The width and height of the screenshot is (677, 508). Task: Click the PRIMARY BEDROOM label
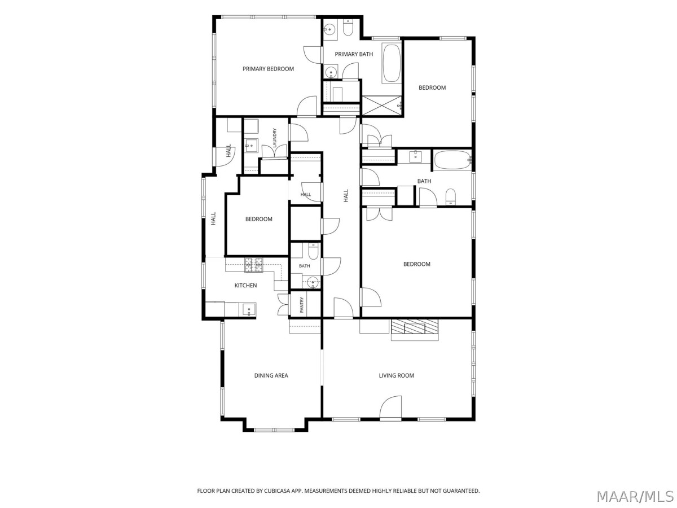[268, 69]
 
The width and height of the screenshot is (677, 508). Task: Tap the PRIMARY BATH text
[354, 54]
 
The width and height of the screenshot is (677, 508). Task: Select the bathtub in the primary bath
[392, 63]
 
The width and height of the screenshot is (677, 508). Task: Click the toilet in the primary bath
[348, 28]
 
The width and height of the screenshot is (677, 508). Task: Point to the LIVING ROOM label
[397, 375]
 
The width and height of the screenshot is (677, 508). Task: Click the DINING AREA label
[271, 375]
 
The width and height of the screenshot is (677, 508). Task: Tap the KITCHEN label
[245, 285]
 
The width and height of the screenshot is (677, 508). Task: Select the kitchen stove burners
[254, 265]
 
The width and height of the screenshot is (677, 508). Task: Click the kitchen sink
[249, 309]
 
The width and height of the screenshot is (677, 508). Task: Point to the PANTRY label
[302, 305]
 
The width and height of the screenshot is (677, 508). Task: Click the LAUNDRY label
[275, 138]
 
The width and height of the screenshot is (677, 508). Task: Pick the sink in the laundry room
[252, 146]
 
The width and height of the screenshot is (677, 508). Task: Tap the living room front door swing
[390, 408]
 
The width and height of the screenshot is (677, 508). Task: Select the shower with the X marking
[382, 106]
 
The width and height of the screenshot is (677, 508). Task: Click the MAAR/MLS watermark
[635, 496]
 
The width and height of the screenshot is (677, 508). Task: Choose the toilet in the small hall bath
[313, 251]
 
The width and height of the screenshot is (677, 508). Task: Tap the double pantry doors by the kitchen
[283, 305]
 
